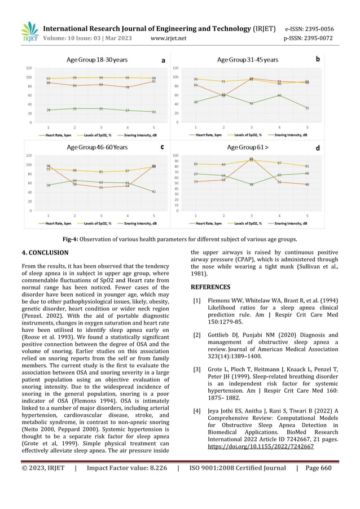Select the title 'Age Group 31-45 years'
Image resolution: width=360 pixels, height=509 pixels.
click(x=248, y=60)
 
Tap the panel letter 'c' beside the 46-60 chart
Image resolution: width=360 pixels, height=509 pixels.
click(x=162, y=147)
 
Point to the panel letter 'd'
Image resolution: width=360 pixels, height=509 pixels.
click(x=317, y=148)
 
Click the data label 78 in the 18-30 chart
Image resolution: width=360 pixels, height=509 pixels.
click(x=128, y=87)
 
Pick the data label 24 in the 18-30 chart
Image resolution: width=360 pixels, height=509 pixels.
click(x=153, y=112)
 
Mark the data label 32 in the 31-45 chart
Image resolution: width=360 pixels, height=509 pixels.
click(x=307, y=108)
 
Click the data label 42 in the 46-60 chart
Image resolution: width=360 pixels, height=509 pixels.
click(x=153, y=192)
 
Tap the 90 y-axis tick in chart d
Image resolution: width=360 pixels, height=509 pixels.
click(x=175, y=161)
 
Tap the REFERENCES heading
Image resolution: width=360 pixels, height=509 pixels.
click(x=210, y=287)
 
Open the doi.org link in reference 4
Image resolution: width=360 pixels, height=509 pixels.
click(x=261, y=445)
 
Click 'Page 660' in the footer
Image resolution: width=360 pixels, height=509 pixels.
click(x=318, y=468)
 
